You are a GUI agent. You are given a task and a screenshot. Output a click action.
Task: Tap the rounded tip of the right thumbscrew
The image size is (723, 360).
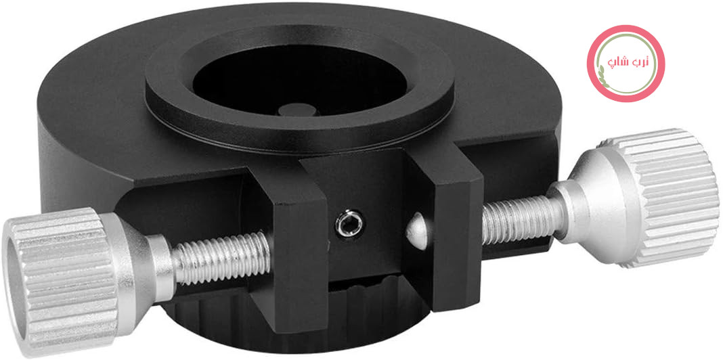(417, 231)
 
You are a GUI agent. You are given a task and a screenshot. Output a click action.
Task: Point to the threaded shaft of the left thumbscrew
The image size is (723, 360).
(221, 258)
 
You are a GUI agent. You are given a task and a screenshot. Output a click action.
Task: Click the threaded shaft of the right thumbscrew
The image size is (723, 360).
(522, 219)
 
